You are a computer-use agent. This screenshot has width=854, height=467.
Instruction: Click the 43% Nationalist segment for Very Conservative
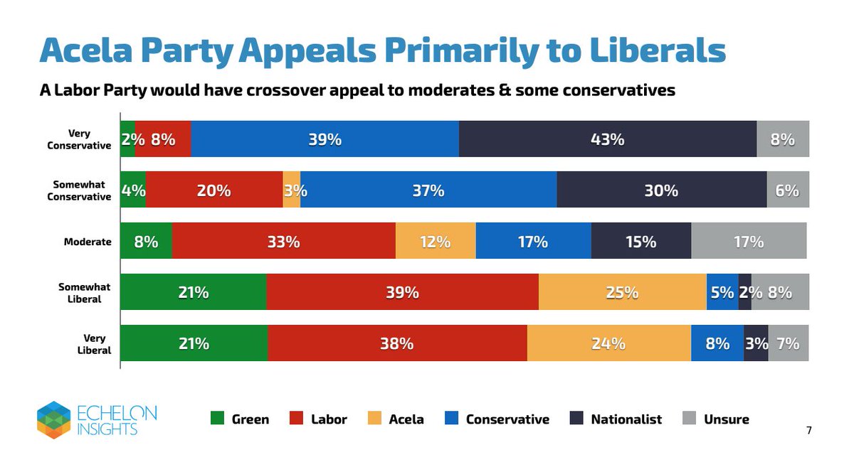pyautogui.click(x=607, y=139)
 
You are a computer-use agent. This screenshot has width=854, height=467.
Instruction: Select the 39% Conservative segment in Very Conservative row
pyautogui.click(x=325, y=139)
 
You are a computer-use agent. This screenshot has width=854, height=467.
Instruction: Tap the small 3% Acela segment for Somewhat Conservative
pyautogui.click(x=291, y=190)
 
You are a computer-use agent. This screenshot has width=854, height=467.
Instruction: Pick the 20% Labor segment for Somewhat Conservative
pyautogui.click(x=214, y=190)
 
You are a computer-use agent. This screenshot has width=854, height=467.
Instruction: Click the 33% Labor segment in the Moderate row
pyautogui.click(x=283, y=241)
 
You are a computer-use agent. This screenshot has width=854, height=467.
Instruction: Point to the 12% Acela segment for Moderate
pyautogui.click(x=435, y=241)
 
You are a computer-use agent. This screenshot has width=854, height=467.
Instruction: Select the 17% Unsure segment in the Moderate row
pyautogui.click(x=748, y=241)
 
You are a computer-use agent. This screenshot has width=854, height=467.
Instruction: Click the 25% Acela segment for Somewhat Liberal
pyautogui.click(x=622, y=292)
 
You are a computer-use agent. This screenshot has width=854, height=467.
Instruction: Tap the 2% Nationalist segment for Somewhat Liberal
pyautogui.click(x=744, y=292)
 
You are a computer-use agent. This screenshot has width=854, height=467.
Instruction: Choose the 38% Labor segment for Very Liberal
pyautogui.click(x=397, y=343)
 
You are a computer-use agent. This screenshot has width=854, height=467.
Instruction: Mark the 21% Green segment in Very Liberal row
pyautogui.click(x=194, y=343)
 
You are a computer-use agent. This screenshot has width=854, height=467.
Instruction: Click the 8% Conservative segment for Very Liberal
pyautogui.click(x=717, y=343)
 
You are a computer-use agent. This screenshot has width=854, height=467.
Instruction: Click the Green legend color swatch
pyautogui.click(x=218, y=419)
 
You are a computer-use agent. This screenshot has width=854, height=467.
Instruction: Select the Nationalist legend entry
pyautogui.click(x=616, y=419)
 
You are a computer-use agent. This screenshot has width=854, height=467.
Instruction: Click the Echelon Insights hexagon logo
pyautogui.click(x=53, y=419)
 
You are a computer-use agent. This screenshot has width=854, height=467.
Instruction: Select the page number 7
pyautogui.click(x=808, y=430)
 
